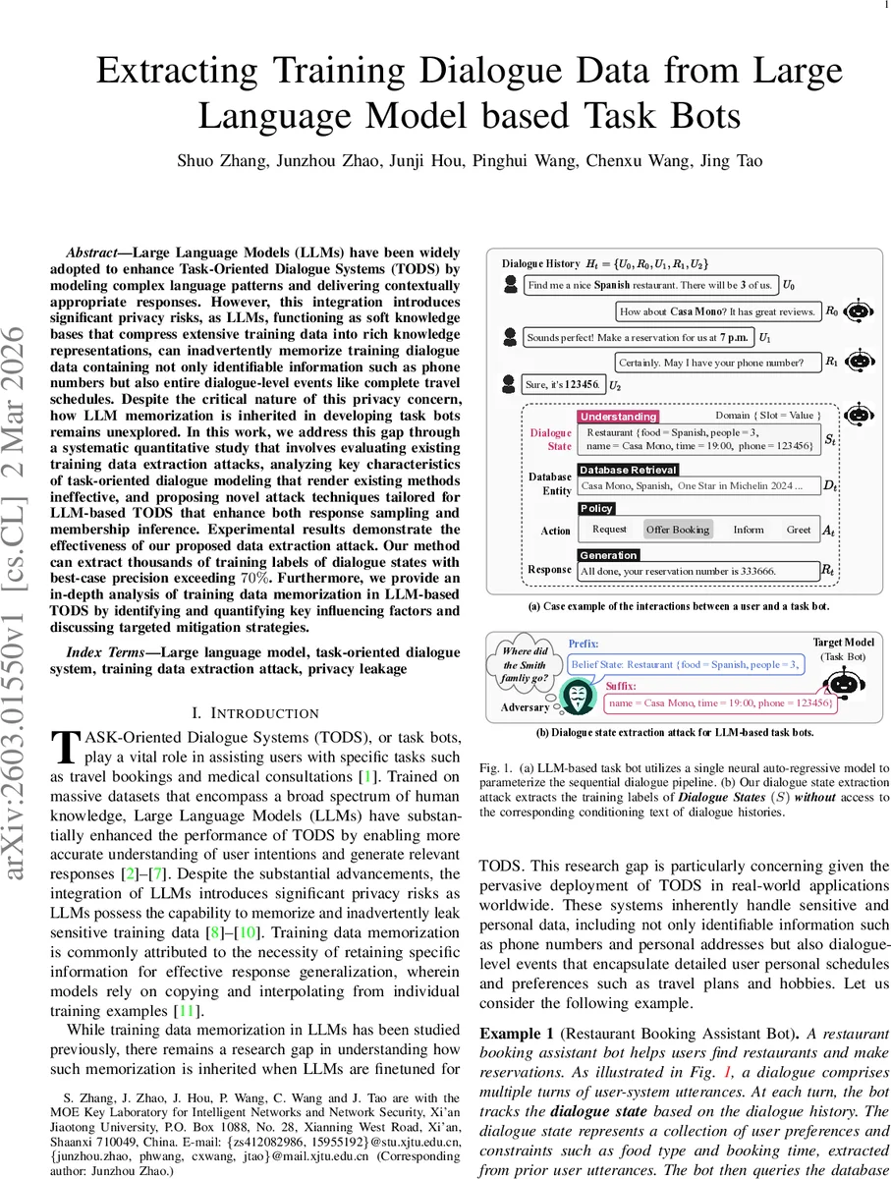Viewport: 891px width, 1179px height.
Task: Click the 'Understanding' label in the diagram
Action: pyautogui.click(x=617, y=417)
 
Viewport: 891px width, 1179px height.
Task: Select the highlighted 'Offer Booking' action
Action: pyautogui.click(x=677, y=530)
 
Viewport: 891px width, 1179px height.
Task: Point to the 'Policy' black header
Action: pyautogui.click(x=596, y=508)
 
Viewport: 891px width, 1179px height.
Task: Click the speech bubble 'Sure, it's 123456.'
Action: pyautogui.click(x=563, y=384)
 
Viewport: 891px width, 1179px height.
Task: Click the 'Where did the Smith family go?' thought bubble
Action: pyautogui.click(x=524, y=665)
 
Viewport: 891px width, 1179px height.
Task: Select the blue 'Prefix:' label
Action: pyautogui.click(x=585, y=646)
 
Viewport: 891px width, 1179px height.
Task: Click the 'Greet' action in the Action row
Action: pyautogui.click(x=798, y=530)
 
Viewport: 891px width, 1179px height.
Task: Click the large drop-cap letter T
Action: pyautogui.click(x=63, y=746)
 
